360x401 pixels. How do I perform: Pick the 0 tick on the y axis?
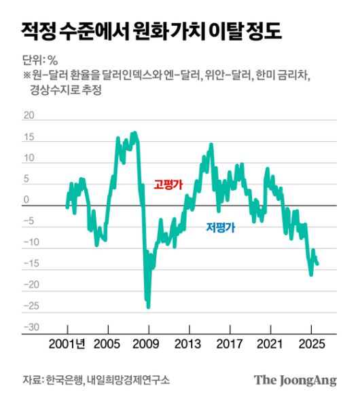[27, 200]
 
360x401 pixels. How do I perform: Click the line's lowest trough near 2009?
[148, 307]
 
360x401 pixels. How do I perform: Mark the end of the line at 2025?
[317, 264]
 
